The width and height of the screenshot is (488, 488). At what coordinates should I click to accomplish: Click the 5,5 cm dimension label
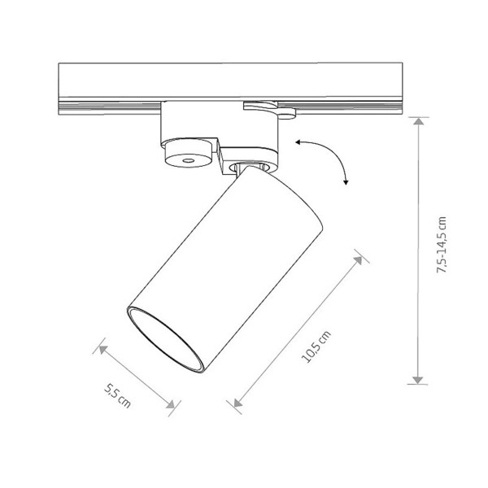[x=117, y=396]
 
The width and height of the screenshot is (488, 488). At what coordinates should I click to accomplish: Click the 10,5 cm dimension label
[x=316, y=347]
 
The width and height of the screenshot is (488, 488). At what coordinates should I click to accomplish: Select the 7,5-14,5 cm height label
[x=442, y=245]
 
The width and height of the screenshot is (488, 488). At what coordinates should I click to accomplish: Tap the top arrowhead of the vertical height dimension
[x=419, y=121]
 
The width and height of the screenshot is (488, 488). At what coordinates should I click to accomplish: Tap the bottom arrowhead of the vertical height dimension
[x=417, y=380]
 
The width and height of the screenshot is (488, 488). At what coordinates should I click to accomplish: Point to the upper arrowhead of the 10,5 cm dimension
[x=359, y=260]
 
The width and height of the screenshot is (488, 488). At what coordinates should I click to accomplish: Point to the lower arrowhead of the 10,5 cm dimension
[x=237, y=403]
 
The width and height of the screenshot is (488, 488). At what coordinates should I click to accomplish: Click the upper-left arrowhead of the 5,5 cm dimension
[x=103, y=350]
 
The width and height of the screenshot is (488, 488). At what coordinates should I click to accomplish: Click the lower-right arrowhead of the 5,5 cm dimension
[x=171, y=404]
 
